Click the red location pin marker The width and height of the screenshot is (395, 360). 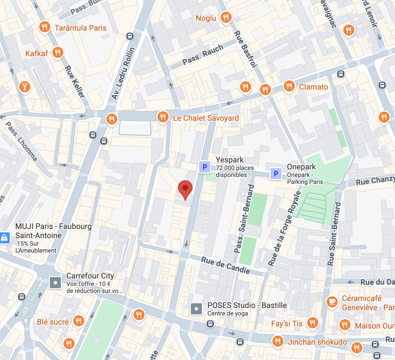pos(185,188)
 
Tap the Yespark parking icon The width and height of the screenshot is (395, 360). pos(205,167)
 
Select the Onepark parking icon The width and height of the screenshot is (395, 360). pos(276,174)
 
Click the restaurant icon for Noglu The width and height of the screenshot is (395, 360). pos(226,17)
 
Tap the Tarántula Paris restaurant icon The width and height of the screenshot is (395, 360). pos(45,27)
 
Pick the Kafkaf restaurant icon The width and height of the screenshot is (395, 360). pos(58,52)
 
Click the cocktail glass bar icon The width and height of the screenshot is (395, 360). pos(25,87)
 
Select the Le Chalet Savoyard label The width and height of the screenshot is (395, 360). pos(206,118)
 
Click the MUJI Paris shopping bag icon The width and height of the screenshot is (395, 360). pos(4,238)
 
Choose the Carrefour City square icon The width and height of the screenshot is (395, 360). pos(55,283)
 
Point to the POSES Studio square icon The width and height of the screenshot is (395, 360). pos(196,309)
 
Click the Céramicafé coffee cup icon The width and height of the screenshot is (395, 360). pos(332,302)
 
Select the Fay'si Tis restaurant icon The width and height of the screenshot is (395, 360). pos(312,323)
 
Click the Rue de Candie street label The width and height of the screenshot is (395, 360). pos(225,265)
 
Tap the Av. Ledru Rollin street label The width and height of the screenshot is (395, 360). pos(123,73)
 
